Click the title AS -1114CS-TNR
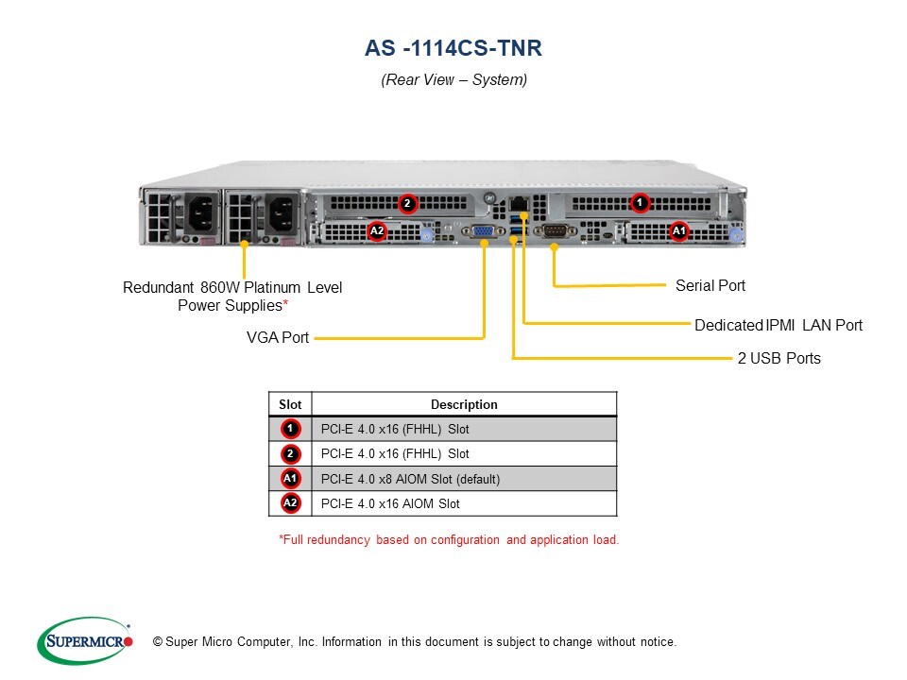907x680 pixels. pyautogui.click(x=453, y=48)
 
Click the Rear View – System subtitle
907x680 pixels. pyautogui.click(x=453, y=80)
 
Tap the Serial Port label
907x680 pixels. pyautogui.click(x=710, y=285)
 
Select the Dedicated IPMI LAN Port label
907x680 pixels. pyautogui.click(x=779, y=325)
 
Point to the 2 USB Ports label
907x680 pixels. pyautogui.click(x=779, y=358)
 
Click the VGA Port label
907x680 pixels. pyautogui.click(x=277, y=337)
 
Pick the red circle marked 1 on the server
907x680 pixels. pyautogui.click(x=640, y=202)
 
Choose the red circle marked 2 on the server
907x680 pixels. pyautogui.click(x=407, y=203)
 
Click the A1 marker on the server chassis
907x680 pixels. pyautogui.click(x=678, y=230)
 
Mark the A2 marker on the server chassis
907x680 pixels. pyautogui.click(x=377, y=230)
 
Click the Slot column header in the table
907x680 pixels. pyautogui.click(x=290, y=404)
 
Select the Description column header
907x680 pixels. pyautogui.click(x=464, y=404)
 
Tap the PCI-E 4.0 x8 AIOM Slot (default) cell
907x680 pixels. pyautogui.click(x=410, y=479)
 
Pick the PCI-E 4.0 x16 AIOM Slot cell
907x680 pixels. pyautogui.click(x=390, y=503)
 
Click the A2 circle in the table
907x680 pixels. pyautogui.click(x=290, y=503)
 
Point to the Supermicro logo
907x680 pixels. pyautogui.click(x=84, y=641)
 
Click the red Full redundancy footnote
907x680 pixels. pyautogui.click(x=449, y=540)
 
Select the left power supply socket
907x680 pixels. pyautogui.click(x=200, y=213)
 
